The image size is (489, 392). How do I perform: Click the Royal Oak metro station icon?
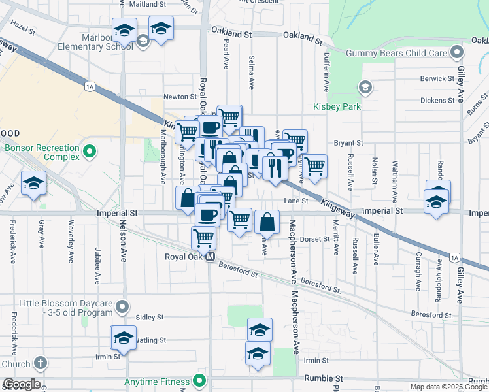coord(211,257)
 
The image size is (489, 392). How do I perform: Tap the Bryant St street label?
coord(348,143)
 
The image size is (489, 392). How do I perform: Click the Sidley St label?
coord(150,317)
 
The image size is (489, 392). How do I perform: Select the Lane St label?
coord(295,201)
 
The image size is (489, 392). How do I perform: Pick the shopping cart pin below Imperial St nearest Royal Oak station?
coord(204,238)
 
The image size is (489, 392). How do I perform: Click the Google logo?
coord(22,384)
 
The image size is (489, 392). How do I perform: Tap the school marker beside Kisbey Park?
coord(365,87)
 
